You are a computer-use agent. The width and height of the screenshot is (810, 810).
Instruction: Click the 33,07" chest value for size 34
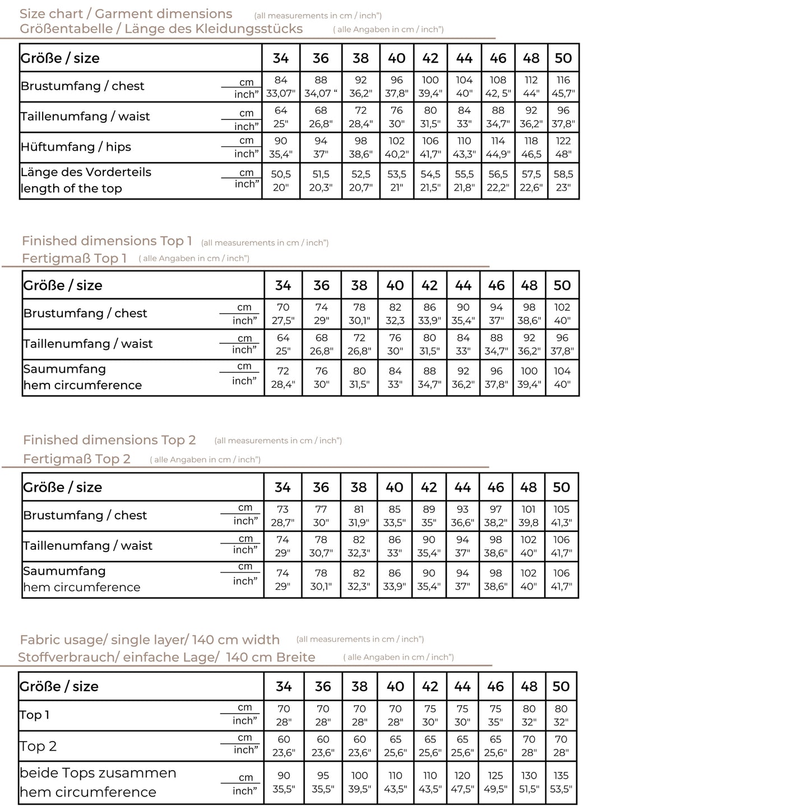coord(281,94)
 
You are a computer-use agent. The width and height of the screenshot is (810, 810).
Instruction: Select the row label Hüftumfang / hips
coord(76,147)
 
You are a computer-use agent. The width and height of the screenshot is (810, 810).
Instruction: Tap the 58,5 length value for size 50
coord(563,174)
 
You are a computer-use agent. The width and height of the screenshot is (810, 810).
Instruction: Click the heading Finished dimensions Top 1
coord(107,241)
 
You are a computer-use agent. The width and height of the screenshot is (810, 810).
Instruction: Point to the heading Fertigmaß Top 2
coord(77,459)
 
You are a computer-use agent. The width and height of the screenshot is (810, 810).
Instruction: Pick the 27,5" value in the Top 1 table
coord(283,321)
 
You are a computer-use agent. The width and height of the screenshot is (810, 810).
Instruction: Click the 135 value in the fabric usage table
coord(561,776)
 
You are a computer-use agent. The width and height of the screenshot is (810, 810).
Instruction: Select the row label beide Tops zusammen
coord(98,773)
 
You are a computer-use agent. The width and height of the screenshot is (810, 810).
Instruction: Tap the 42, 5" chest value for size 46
coord(498,94)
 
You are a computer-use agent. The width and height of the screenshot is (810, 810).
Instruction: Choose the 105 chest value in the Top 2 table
coord(561,510)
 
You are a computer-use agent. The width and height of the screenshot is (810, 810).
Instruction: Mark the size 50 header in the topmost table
coord(563,58)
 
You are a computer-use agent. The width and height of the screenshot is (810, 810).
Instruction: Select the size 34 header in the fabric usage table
coord(284,687)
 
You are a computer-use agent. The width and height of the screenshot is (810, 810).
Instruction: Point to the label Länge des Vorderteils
coord(86,172)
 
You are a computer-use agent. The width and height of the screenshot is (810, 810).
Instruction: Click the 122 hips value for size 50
coord(563,141)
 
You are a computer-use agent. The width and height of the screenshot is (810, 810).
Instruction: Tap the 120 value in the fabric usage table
coord(462,776)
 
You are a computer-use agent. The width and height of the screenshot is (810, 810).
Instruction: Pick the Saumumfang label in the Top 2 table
coord(64,571)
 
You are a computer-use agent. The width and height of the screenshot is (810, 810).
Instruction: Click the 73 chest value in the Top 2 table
coord(283,510)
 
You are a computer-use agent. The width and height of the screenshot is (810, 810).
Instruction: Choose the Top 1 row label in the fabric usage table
coord(35,715)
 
